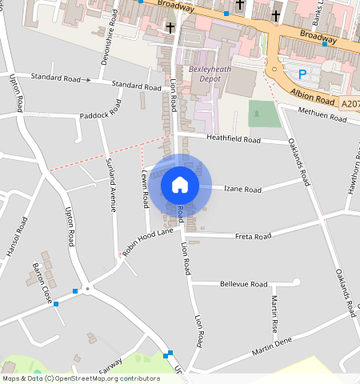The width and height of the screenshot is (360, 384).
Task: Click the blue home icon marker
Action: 180,185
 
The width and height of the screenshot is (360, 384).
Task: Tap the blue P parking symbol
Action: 302,74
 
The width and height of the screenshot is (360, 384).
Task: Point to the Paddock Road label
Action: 99,116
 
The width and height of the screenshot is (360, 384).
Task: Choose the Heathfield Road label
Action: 234,140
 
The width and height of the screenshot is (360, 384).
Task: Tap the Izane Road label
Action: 242,190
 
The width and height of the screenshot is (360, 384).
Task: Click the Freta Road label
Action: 254,237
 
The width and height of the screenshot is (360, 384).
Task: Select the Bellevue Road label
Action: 242,284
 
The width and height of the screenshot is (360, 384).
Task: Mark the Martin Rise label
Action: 274,314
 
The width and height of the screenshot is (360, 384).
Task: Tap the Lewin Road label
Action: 146,185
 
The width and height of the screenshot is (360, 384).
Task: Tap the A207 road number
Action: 350,103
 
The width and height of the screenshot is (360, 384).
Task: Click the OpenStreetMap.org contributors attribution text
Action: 115,378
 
